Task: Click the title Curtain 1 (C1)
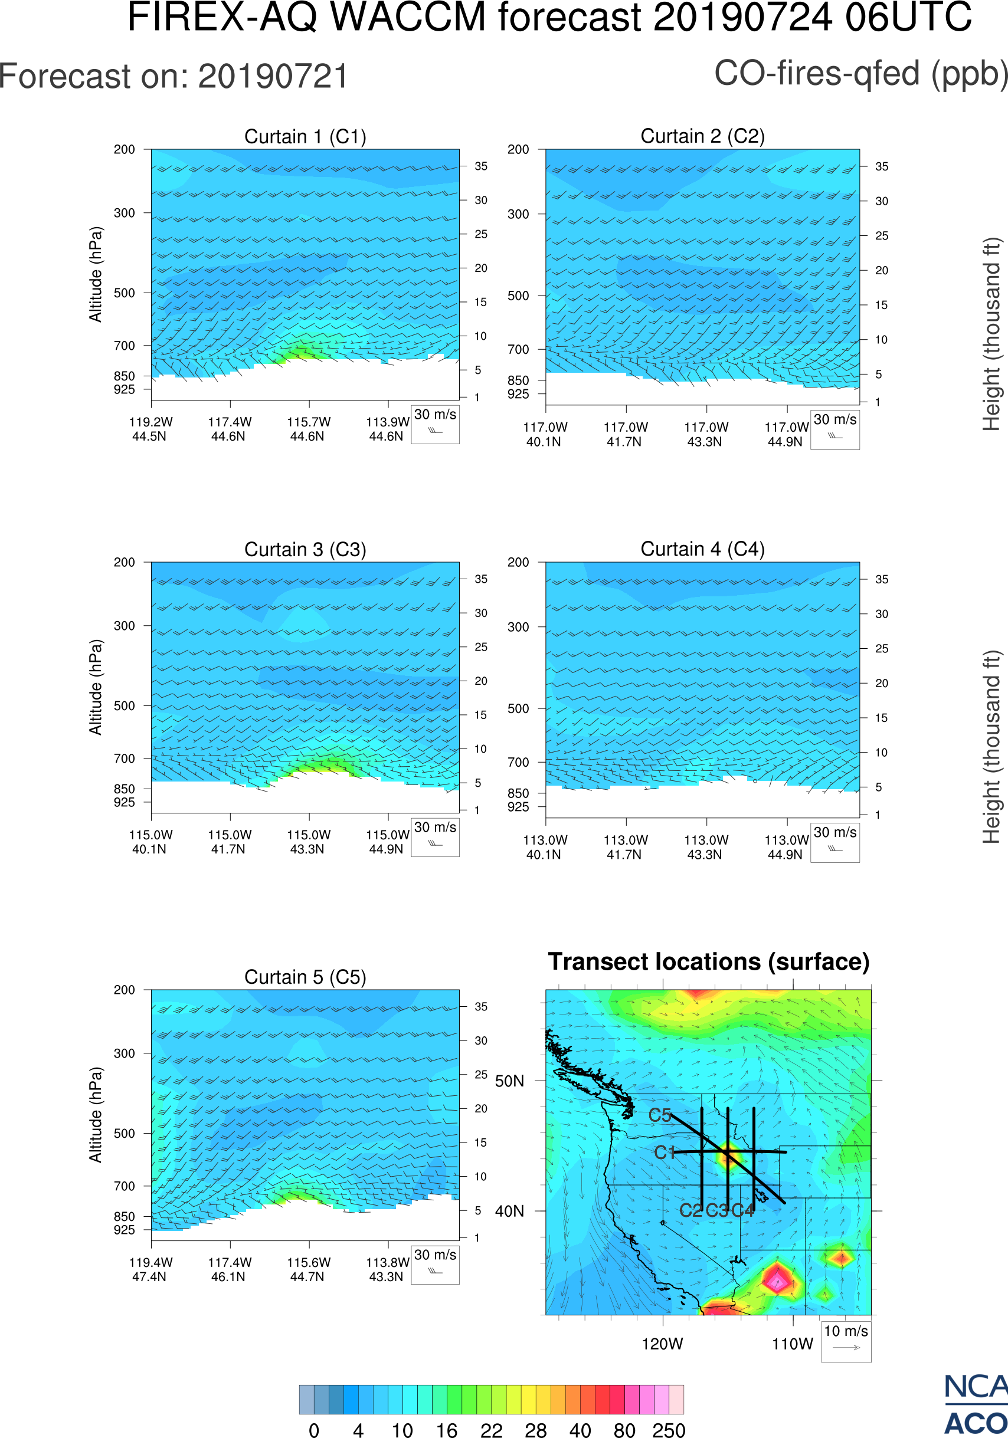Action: (305, 136)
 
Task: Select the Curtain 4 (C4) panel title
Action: (702, 549)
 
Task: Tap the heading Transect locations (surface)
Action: (709, 961)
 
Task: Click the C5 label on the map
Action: (660, 1115)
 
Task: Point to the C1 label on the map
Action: (664, 1153)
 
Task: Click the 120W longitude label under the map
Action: (662, 1344)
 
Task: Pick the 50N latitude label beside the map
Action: (509, 1081)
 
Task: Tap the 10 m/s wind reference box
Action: (846, 1340)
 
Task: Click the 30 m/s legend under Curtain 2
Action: (834, 428)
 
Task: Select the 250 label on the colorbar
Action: (669, 1430)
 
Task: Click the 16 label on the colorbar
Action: (447, 1430)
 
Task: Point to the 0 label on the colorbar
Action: (314, 1430)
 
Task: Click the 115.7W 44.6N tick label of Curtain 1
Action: (308, 429)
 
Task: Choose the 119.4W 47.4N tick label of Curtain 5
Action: (150, 1269)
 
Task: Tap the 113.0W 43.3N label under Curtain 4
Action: (706, 848)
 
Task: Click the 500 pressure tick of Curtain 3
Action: (124, 706)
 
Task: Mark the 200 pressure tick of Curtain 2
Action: (518, 150)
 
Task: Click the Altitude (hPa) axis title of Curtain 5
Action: (95, 1115)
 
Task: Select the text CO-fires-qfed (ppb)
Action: (861, 74)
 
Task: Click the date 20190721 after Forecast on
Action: (273, 77)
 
